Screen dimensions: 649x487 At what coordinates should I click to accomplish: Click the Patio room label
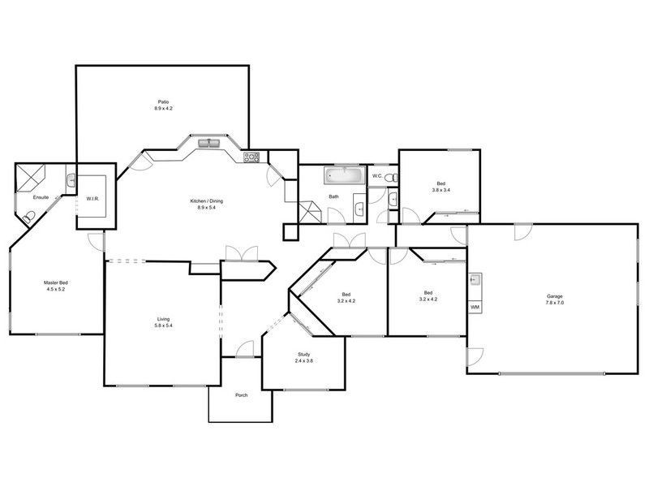point(164,102)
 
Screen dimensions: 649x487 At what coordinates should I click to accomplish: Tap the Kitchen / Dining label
point(207,200)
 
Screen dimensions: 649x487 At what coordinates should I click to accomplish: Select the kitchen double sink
point(208,144)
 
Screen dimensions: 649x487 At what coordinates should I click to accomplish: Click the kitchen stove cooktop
point(251,157)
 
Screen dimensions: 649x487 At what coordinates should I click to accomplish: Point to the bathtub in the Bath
point(345,175)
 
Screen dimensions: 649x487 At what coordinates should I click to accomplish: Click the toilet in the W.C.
point(391,178)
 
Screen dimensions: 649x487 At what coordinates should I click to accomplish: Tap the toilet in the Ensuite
point(29,217)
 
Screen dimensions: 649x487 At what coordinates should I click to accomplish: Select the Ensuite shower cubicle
point(30,178)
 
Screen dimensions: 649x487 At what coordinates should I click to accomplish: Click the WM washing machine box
point(475,307)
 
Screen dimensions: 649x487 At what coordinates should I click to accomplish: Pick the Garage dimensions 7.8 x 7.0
point(555,303)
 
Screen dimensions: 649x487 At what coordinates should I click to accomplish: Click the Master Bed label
point(55,282)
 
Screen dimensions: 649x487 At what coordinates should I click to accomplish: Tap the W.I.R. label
point(92,199)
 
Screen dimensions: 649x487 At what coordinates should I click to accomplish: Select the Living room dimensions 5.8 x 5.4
point(164,325)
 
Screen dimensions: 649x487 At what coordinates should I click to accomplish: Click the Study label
point(303,355)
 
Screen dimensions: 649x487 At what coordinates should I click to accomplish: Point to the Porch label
point(241,395)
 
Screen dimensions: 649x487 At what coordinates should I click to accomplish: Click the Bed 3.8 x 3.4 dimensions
point(441,190)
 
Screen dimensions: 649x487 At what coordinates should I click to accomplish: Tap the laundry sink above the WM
point(475,280)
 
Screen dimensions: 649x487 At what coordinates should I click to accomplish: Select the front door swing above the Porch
point(245,349)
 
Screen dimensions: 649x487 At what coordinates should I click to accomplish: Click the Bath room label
point(333,196)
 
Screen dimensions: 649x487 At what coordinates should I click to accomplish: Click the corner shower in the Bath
point(310,212)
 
